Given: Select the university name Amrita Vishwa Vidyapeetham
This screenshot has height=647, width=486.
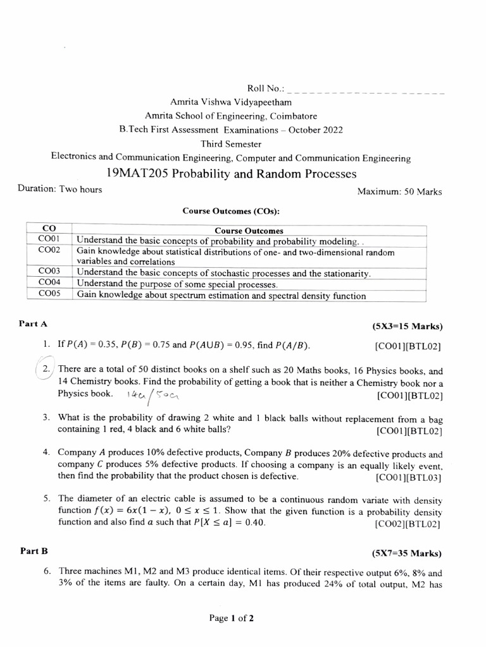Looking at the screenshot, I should pos(231,102).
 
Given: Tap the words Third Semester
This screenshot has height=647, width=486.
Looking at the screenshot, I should pos(231,144).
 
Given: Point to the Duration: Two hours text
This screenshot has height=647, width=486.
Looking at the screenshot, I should pos(60,190).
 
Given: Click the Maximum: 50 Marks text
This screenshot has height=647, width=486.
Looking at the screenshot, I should pos(399,191).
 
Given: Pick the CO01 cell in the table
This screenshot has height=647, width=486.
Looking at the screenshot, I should pos(48,240).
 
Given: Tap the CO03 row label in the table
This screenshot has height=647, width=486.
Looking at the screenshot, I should pos(48,273).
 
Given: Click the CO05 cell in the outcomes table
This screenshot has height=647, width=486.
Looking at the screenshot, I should pos(48,294).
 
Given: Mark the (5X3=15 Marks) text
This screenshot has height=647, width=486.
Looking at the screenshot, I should pos(408,327).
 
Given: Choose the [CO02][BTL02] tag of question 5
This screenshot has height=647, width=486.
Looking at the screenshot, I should pos(408,524).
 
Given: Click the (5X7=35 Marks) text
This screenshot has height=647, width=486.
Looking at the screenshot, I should pos(408,553).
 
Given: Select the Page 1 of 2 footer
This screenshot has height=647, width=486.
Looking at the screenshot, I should pos(231,619).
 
